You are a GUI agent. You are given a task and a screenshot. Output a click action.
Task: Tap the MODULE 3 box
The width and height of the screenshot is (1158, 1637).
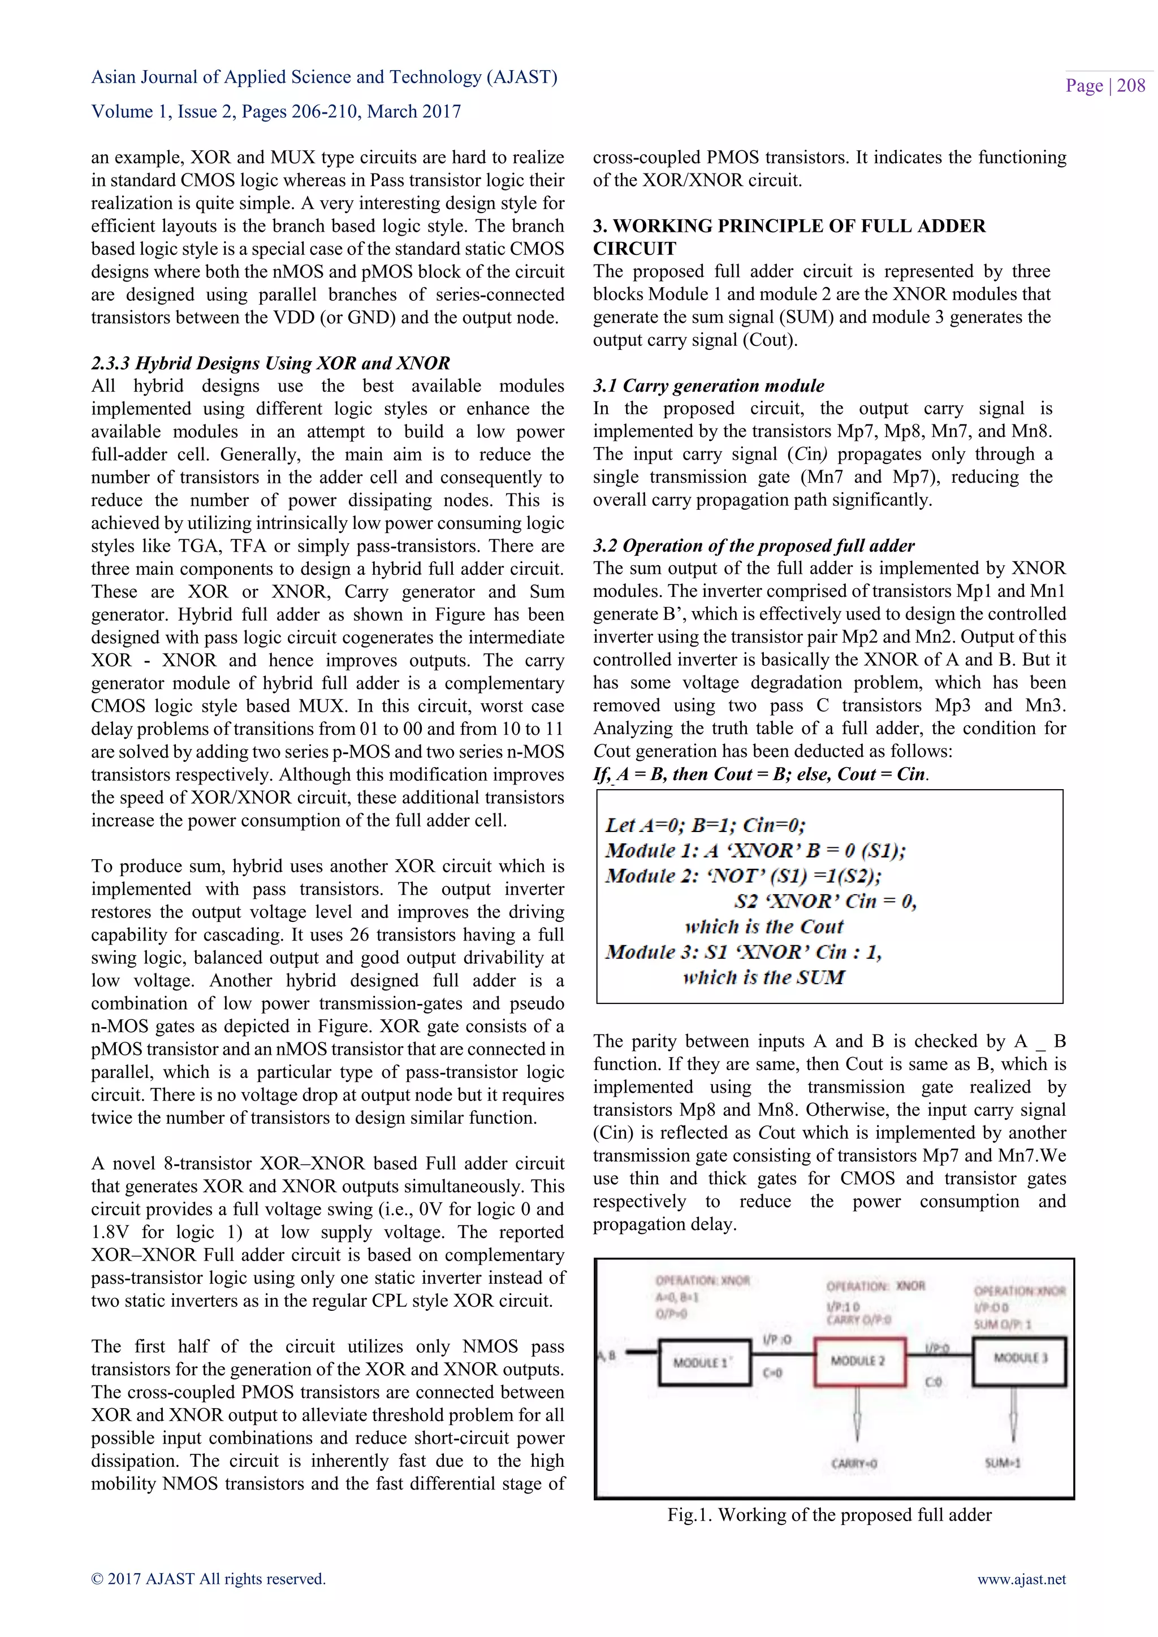coord(1019,1358)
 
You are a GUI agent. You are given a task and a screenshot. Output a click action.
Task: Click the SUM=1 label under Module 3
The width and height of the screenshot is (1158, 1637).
coord(1003,1463)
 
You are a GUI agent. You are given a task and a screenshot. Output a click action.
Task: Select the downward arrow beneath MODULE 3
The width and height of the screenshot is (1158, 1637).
coord(1013,1416)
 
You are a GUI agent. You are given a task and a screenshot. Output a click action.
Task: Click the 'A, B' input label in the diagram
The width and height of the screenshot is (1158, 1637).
coord(607,1355)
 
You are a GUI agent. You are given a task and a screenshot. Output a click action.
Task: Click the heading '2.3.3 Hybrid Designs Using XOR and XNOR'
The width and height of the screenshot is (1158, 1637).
coord(270,363)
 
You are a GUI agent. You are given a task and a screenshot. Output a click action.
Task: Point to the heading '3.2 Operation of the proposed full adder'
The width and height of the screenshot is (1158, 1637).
coord(753,545)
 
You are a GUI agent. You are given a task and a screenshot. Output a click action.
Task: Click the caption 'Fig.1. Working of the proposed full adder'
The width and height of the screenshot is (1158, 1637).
coord(828,1514)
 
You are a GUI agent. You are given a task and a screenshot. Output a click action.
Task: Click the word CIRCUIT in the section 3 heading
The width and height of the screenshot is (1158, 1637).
coord(634,249)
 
